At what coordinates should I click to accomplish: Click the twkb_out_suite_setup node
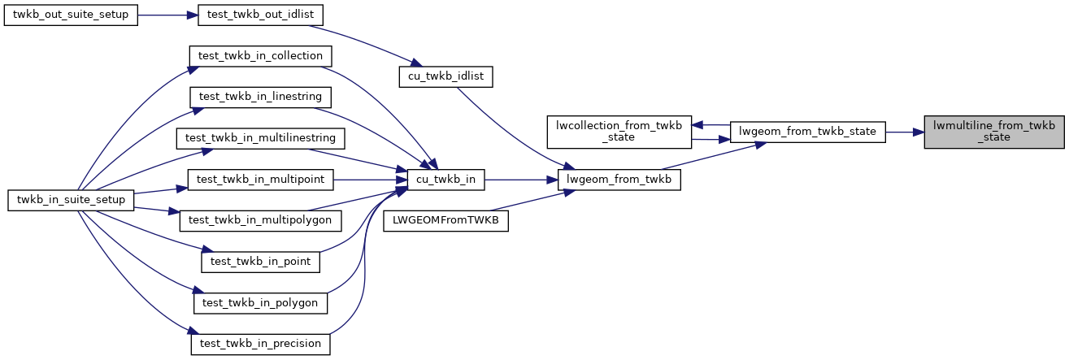[70, 16]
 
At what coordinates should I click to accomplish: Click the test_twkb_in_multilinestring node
[261, 137]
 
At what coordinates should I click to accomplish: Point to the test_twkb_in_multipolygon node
[261, 219]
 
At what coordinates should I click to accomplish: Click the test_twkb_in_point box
[261, 262]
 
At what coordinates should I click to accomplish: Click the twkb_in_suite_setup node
[70, 199]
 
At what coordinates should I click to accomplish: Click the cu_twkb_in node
[446, 179]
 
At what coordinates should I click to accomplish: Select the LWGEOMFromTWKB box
[446, 219]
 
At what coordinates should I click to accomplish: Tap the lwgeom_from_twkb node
[619, 179]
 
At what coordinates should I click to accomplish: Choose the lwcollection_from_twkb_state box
[619, 132]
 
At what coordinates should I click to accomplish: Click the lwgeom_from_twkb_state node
[807, 132]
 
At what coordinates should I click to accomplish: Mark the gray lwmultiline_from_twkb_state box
[993, 132]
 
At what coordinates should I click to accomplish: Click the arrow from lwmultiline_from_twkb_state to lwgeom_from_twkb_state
[904, 132]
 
